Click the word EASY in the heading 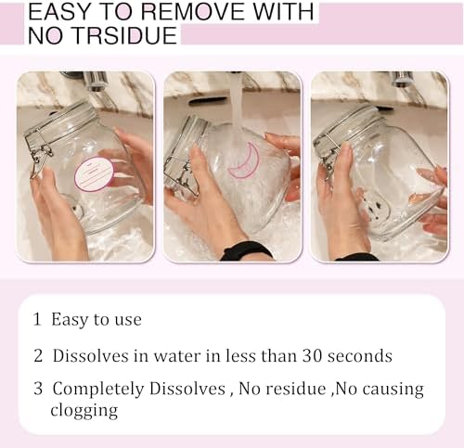pos(58,12)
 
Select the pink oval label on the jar pos(95,174)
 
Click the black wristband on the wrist pos(247,251)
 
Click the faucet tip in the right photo pos(402,80)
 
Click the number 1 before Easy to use pos(37,319)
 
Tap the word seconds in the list pos(360,356)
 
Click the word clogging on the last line pos(84,411)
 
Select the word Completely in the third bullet pos(98,390)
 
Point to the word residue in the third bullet pos(296,389)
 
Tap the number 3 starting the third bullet pos(38,389)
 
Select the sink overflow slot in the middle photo pos(208,101)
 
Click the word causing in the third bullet pos(393,390)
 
